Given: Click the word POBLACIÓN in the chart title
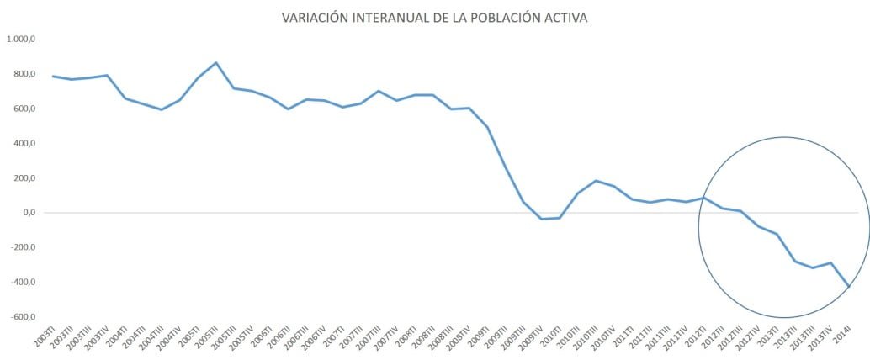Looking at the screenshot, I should coord(505,18).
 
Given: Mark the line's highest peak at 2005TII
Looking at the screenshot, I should coord(216,63).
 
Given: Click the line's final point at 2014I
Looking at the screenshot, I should coord(849,287).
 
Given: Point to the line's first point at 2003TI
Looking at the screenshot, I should coord(53,77).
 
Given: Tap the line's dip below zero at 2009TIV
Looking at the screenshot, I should coord(542,219).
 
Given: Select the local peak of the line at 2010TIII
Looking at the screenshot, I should coord(596,181).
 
